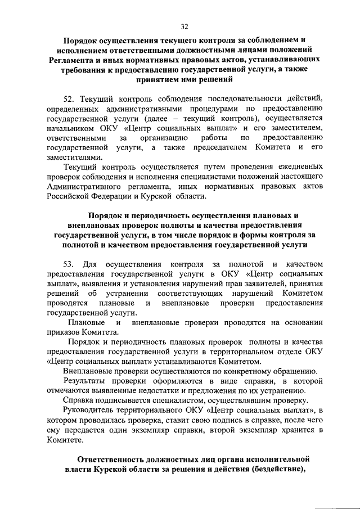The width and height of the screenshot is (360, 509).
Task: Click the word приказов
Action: [x=64, y=332]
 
